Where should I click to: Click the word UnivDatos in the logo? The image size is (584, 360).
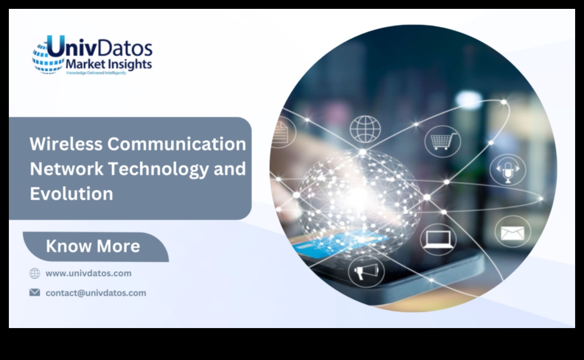point(100,48)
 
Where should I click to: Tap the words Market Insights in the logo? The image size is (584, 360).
point(109,64)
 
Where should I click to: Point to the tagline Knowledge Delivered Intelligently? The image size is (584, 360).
point(96,72)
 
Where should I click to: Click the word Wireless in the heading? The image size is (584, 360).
point(66,144)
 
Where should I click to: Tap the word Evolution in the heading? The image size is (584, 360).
point(71,194)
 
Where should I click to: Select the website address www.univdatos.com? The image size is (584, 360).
point(88,273)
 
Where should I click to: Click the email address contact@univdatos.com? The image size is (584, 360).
point(96,293)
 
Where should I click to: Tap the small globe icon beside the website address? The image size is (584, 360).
point(35,273)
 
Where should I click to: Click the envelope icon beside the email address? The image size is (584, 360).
point(35,293)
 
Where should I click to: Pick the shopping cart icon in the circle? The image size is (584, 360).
point(442,141)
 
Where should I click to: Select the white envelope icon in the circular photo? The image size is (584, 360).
point(512,232)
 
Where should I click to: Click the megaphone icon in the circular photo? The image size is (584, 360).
point(366,270)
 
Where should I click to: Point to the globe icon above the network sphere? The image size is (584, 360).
point(365,129)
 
